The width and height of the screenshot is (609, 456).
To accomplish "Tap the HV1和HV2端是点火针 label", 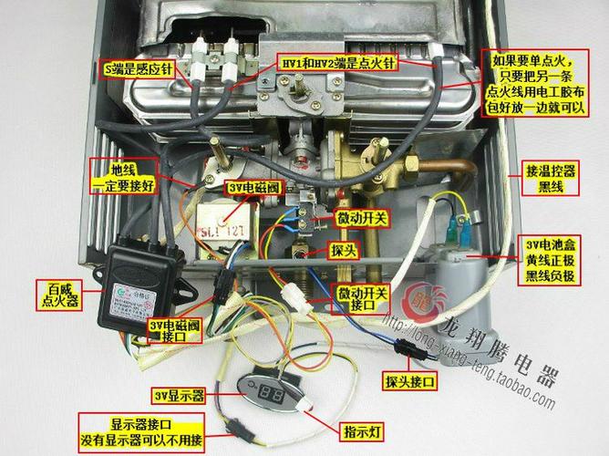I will coord(337,64).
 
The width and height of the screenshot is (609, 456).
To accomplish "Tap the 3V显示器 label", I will coord(180,396).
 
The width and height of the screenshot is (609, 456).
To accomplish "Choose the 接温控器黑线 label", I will coord(550,178).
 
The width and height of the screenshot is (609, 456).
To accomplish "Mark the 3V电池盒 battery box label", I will coord(551,261).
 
